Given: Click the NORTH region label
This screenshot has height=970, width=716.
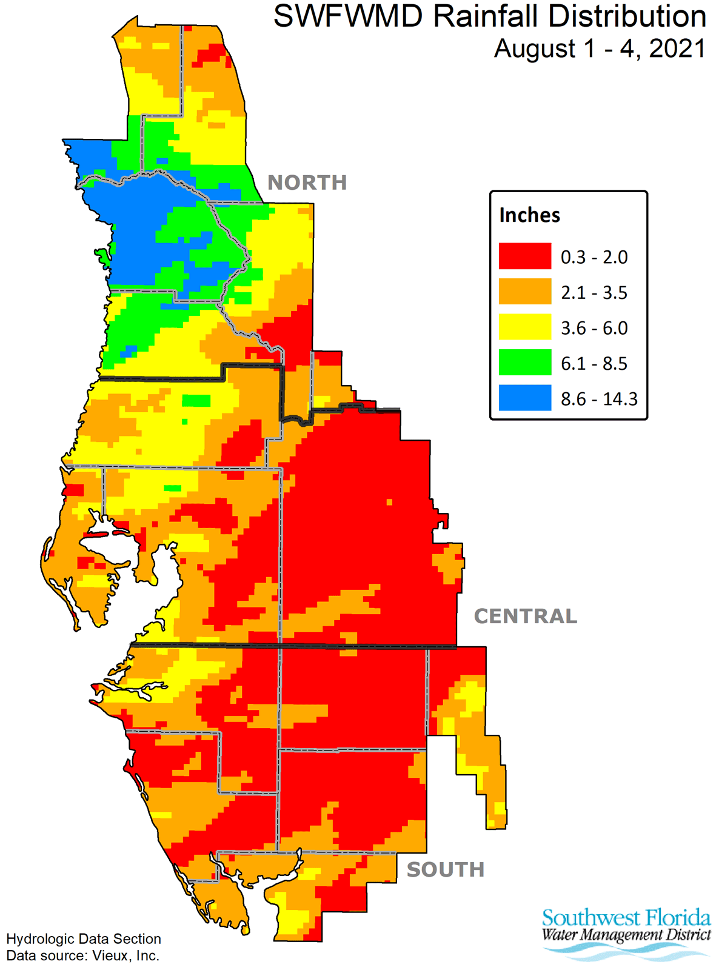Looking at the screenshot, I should [307, 182].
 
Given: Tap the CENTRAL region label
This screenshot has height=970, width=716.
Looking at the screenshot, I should [525, 617].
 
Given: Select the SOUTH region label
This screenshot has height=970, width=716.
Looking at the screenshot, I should [446, 870].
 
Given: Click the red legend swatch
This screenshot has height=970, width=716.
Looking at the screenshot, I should [525, 256].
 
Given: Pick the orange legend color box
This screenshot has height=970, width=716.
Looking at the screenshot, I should [525, 292].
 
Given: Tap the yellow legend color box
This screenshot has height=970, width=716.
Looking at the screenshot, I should [525, 327].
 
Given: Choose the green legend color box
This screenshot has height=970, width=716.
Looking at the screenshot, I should [525, 363].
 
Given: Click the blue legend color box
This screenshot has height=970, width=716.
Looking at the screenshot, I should [525, 398].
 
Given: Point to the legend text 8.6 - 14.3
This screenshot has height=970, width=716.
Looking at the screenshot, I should [599, 399].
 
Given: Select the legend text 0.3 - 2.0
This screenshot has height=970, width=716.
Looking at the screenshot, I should [594, 257].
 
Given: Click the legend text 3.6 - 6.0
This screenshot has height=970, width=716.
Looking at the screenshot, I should [594, 328].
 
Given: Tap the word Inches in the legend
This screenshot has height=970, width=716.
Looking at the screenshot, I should [529, 215].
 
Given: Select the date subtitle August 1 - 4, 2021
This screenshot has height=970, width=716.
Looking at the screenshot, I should [600, 48].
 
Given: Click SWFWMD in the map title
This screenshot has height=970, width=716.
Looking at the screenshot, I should [349, 16].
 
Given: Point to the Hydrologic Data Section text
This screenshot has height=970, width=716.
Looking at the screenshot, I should [84, 939].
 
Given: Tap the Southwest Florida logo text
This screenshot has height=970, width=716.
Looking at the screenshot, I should [626, 917].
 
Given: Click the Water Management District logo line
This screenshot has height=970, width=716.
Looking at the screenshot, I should [626, 934].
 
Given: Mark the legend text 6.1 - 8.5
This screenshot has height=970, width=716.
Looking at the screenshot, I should [594, 364].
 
